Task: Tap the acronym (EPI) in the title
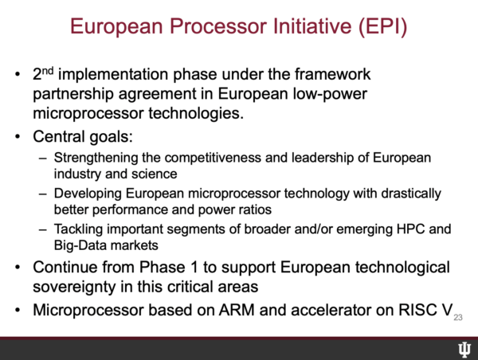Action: click(382, 26)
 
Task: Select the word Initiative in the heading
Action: click(313, 26)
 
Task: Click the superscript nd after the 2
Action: click(48, 71)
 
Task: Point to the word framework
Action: click(332, 74)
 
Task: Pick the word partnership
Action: click(73, 94)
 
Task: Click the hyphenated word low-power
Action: click(330, 94)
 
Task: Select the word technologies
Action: click(196, 113)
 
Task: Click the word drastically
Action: click(411, 194)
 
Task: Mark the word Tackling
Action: click(78, 229)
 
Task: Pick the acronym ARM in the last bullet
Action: click(237, 310)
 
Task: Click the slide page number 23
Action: click(458, 318)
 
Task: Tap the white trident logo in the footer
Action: click(464, 349)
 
